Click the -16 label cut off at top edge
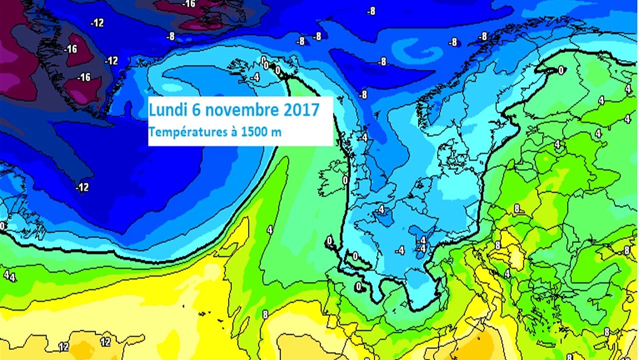[189, 4]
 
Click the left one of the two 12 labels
[63, 346]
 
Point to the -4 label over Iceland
[255, 77]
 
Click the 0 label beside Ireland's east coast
[345, 180]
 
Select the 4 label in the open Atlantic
[270, 230]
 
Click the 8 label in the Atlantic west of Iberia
[265, 314]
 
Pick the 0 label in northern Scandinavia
[561, 70]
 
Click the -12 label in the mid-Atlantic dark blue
[82, 187]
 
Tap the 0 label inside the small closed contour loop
[355, 256]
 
